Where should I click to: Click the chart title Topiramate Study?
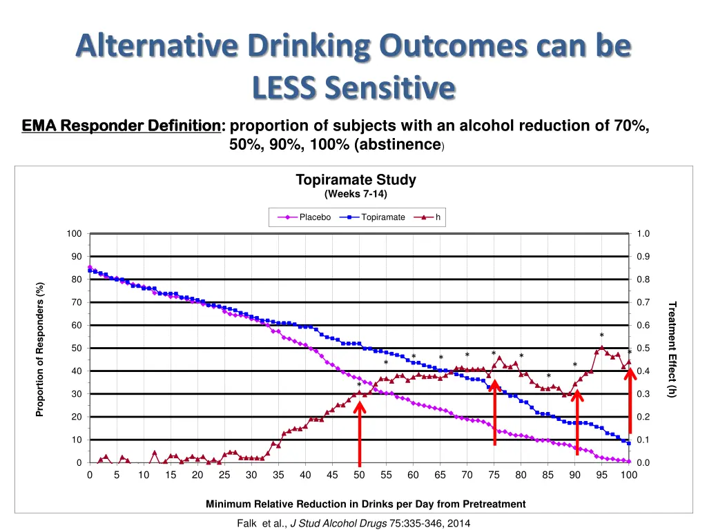[x=356, y=180]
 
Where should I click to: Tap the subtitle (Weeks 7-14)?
[x=356, y=193]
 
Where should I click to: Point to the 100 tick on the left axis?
[x=74, y=234]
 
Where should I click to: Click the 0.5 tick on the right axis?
[x=643, y=349]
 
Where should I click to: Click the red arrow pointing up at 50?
[x=359, y=431]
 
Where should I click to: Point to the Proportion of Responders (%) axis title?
[x=40, y=349]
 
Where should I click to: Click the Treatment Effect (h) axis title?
[x=672, y=349]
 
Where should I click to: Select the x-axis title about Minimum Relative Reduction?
[x=365, y=504]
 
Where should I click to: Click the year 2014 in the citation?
[x=458, y=524]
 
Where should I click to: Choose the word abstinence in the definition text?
[x=401, y=145]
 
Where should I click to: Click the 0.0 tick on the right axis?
[x=643, y=463]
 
